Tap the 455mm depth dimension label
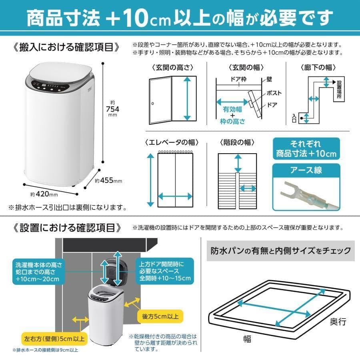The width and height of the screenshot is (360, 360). click(108, 181)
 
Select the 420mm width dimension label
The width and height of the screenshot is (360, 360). click(44, 195)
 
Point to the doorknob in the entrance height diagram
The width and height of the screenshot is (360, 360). click(152, 104)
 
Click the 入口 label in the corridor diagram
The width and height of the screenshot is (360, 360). click(294, 118)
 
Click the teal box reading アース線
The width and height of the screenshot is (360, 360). click(306, 170)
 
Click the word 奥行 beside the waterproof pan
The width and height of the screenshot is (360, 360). click(338, 321)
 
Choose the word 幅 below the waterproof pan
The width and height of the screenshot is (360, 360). click(248, 339)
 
